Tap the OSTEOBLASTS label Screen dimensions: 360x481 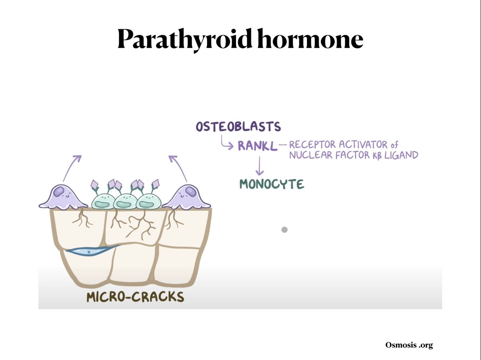[x=238, y=127]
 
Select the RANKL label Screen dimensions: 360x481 [x=257, y=145]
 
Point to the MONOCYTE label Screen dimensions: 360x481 [x=271, y=184]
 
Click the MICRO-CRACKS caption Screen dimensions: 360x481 [x=135, y=297]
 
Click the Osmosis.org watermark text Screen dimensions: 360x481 [x=409, y=345]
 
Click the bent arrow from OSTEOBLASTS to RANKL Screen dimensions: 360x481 [x=226, y=143]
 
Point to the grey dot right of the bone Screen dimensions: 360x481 [x=285, y=230]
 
